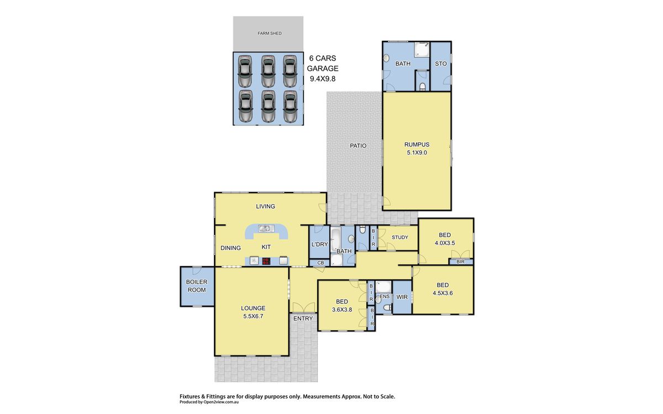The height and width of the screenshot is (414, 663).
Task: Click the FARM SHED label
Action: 270,34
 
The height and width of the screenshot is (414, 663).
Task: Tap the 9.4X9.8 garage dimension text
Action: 323,79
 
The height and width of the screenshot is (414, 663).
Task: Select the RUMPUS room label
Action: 417,145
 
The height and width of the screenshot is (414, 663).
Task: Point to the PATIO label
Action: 358,146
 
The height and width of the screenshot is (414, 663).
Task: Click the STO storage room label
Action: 441,63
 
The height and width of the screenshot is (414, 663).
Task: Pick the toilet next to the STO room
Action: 422,86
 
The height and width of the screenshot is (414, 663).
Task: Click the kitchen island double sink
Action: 266,229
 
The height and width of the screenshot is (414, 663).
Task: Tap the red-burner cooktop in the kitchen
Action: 266,261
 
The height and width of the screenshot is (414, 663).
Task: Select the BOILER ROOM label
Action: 197,286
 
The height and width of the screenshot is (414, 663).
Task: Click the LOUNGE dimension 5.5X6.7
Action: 253,316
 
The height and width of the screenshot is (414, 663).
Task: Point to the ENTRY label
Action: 303,319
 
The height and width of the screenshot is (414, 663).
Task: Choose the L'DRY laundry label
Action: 320,245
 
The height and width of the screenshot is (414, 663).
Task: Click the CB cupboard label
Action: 320,263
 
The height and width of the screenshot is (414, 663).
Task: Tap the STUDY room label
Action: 400,237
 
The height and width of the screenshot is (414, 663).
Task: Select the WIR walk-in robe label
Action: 402,297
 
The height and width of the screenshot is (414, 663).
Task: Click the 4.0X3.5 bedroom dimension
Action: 445,243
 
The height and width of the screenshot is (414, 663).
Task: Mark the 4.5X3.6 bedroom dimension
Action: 443,293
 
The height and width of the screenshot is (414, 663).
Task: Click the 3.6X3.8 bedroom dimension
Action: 342,310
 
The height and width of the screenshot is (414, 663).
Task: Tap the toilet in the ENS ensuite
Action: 387,308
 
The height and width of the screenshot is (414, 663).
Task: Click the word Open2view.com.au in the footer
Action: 221,402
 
